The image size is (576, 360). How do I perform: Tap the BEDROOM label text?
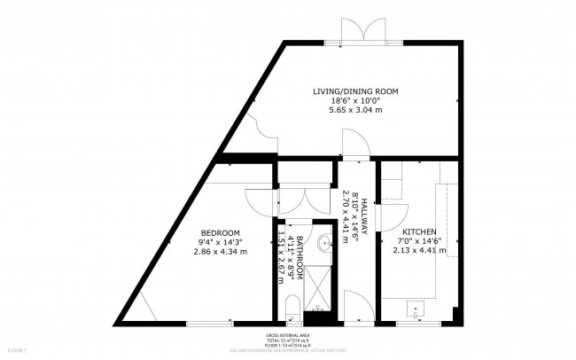[219, 233]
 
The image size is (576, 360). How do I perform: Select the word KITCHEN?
[419, 231]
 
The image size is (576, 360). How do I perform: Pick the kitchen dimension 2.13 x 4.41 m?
[419, 250]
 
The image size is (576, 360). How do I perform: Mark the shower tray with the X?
[316, 289]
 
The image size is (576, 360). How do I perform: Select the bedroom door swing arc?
[258, 199]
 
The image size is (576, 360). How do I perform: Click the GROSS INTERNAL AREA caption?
[288, 335]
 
